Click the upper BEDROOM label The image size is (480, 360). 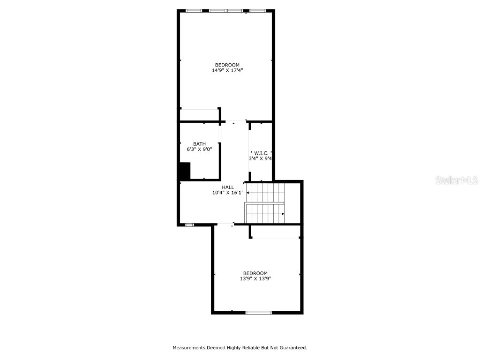227,65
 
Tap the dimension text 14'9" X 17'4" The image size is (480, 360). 227,70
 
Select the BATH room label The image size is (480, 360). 199,144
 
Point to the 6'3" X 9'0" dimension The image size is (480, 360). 199,150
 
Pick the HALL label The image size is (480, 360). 228,187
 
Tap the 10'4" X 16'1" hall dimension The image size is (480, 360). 228,193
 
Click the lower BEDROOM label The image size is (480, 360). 255,273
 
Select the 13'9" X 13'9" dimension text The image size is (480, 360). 255,278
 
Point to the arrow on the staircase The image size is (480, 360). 283,214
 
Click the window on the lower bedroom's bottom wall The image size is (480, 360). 259,312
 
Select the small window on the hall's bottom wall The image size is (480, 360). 189,225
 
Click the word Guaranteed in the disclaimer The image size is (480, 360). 293,348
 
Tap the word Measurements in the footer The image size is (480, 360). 189,348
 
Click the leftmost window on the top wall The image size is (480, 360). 194,11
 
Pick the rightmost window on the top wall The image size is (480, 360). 257,11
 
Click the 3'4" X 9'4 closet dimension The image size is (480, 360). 260,158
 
